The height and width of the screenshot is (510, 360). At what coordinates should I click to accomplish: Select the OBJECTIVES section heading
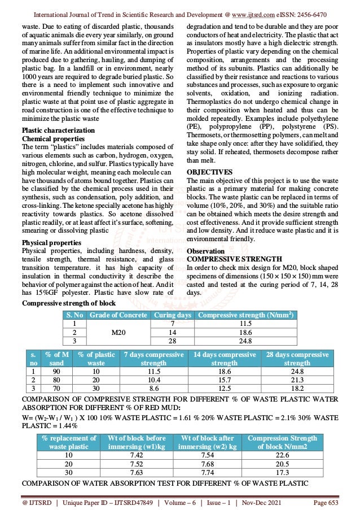click(x=209, y=171)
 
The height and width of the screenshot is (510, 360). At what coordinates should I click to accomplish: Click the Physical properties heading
click(x=48, y=242)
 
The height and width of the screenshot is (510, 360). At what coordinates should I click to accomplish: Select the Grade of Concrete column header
click(x=118, y=315)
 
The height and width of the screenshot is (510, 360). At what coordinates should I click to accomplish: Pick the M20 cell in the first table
click(x=118, y=333)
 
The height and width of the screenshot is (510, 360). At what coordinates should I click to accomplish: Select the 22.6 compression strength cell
click(x=282, y=455)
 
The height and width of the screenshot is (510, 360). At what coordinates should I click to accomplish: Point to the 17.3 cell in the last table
click(x=282, y=473)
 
